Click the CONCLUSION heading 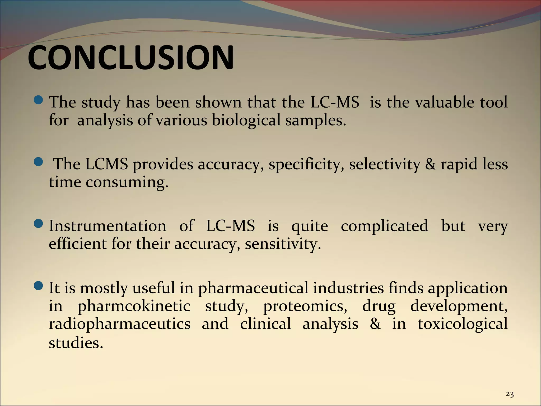pyautogui.click(x=130, y=58)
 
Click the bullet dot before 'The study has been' pyautogui.click(x=39, y=100)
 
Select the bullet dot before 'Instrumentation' pyautogui.click(x=39, y=224)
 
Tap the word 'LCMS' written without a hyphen pyautogui.click(x=106, y=164)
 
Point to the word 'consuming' pyautogui.click(x=127, y=182)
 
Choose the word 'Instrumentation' pyautogui.click(x=108, y=226)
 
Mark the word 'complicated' pyautogui.click(x=384, y=227)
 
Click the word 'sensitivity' pyautogui.click(x=283, y=244)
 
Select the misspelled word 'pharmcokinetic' pyautogui.click(x=134, y=306)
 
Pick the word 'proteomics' pyautogui.click(x=305, y=306)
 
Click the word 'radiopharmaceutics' pyautogui.click(x=119, y=324)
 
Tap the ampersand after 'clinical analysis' pyautogui.click(x=375, y=324)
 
